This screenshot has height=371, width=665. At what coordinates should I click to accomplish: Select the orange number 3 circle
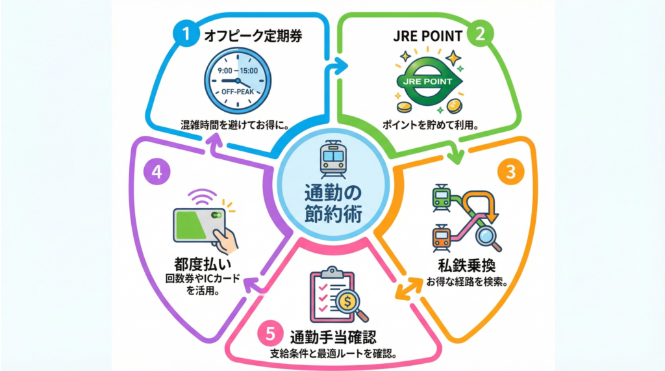pos(511,173)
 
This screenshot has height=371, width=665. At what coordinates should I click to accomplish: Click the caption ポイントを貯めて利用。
pos(428,126)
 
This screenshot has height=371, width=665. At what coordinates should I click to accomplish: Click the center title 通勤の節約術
pos(332,203)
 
